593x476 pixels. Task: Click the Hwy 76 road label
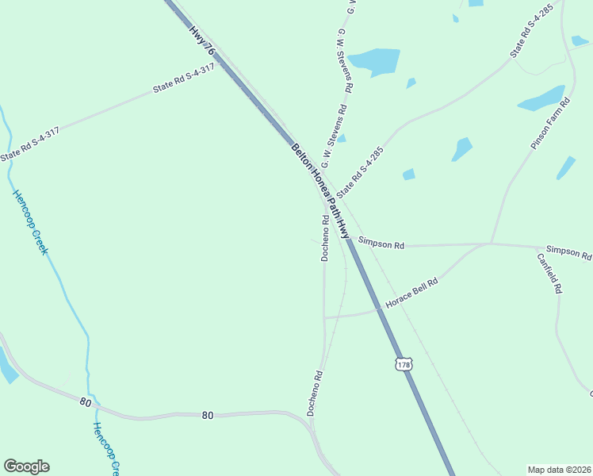pos(202,40)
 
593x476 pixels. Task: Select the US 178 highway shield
pos(404,364)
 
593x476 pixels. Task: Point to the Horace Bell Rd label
pos(411,293)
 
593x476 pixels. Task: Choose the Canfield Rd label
pos(549,274)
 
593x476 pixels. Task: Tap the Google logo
pos(26,466)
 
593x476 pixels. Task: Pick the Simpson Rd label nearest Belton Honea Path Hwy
pos(381,244)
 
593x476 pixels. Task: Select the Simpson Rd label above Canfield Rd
pos(568,252)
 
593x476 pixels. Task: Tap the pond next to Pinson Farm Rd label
pos(541,99)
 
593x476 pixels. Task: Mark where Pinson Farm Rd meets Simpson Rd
pos(491,243)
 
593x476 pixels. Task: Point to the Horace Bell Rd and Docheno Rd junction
pos(324,317)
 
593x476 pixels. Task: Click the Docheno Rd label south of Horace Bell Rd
pos(315,393)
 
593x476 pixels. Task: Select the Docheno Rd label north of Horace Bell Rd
pos(325,237)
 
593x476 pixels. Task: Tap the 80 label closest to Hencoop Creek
pos(86,402)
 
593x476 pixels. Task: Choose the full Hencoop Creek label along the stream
pos(30,222)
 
